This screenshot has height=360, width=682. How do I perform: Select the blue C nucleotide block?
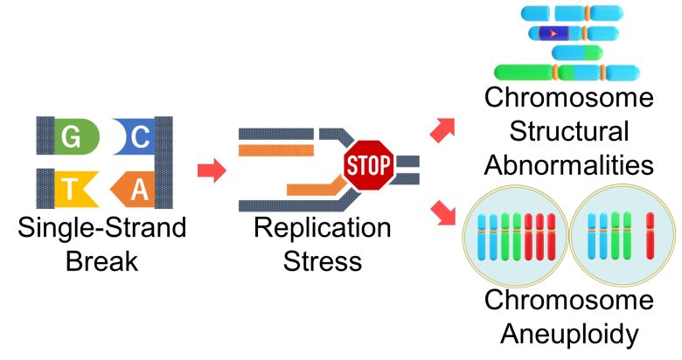click(x=135, y=136)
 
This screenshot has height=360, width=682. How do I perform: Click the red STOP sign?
click(x=368, y=165)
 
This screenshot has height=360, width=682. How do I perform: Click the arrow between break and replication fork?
click(x=212, y=170)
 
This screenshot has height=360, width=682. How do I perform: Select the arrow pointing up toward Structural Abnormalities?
click(x=442, y=129)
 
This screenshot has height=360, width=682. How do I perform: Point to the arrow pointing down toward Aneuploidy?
click(x=443, y=213)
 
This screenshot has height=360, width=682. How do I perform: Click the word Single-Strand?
click(x=102, y=227)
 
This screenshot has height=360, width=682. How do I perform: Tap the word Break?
click(x=101, y=261)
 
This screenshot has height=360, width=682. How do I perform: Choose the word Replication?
click(x=323, y=227)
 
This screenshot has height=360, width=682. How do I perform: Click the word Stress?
click(x=323, y=261)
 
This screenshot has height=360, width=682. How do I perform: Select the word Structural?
click(x=569, y=131)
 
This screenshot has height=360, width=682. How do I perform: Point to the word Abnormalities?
click(x=569, y=165)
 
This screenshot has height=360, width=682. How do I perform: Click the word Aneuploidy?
click(x=569, y=334)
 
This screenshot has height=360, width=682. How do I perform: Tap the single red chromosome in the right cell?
click(x=650, y=236)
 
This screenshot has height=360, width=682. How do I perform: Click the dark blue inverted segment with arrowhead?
click(x=554, y=33)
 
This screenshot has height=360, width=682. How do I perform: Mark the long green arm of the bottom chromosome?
click(x=524, y=73)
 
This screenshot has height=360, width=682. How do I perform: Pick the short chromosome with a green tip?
click(x=577, y=52)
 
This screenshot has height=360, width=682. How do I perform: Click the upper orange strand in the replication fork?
click(x=276, y=150)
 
